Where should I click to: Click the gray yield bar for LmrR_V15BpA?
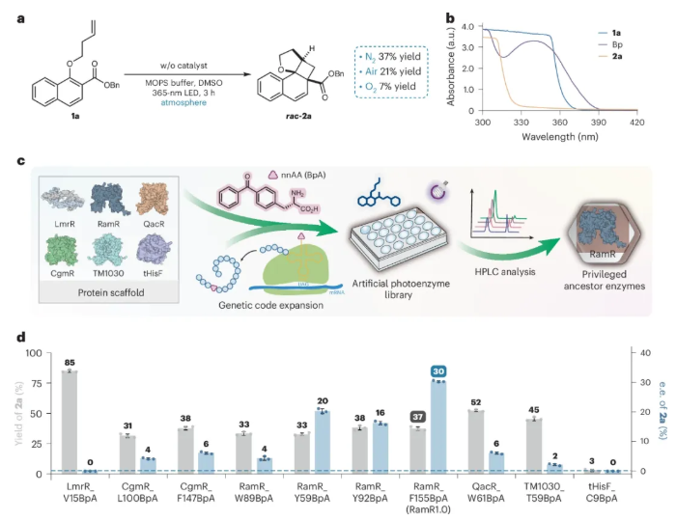[69, 421]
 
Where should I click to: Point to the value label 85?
[69, 363]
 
